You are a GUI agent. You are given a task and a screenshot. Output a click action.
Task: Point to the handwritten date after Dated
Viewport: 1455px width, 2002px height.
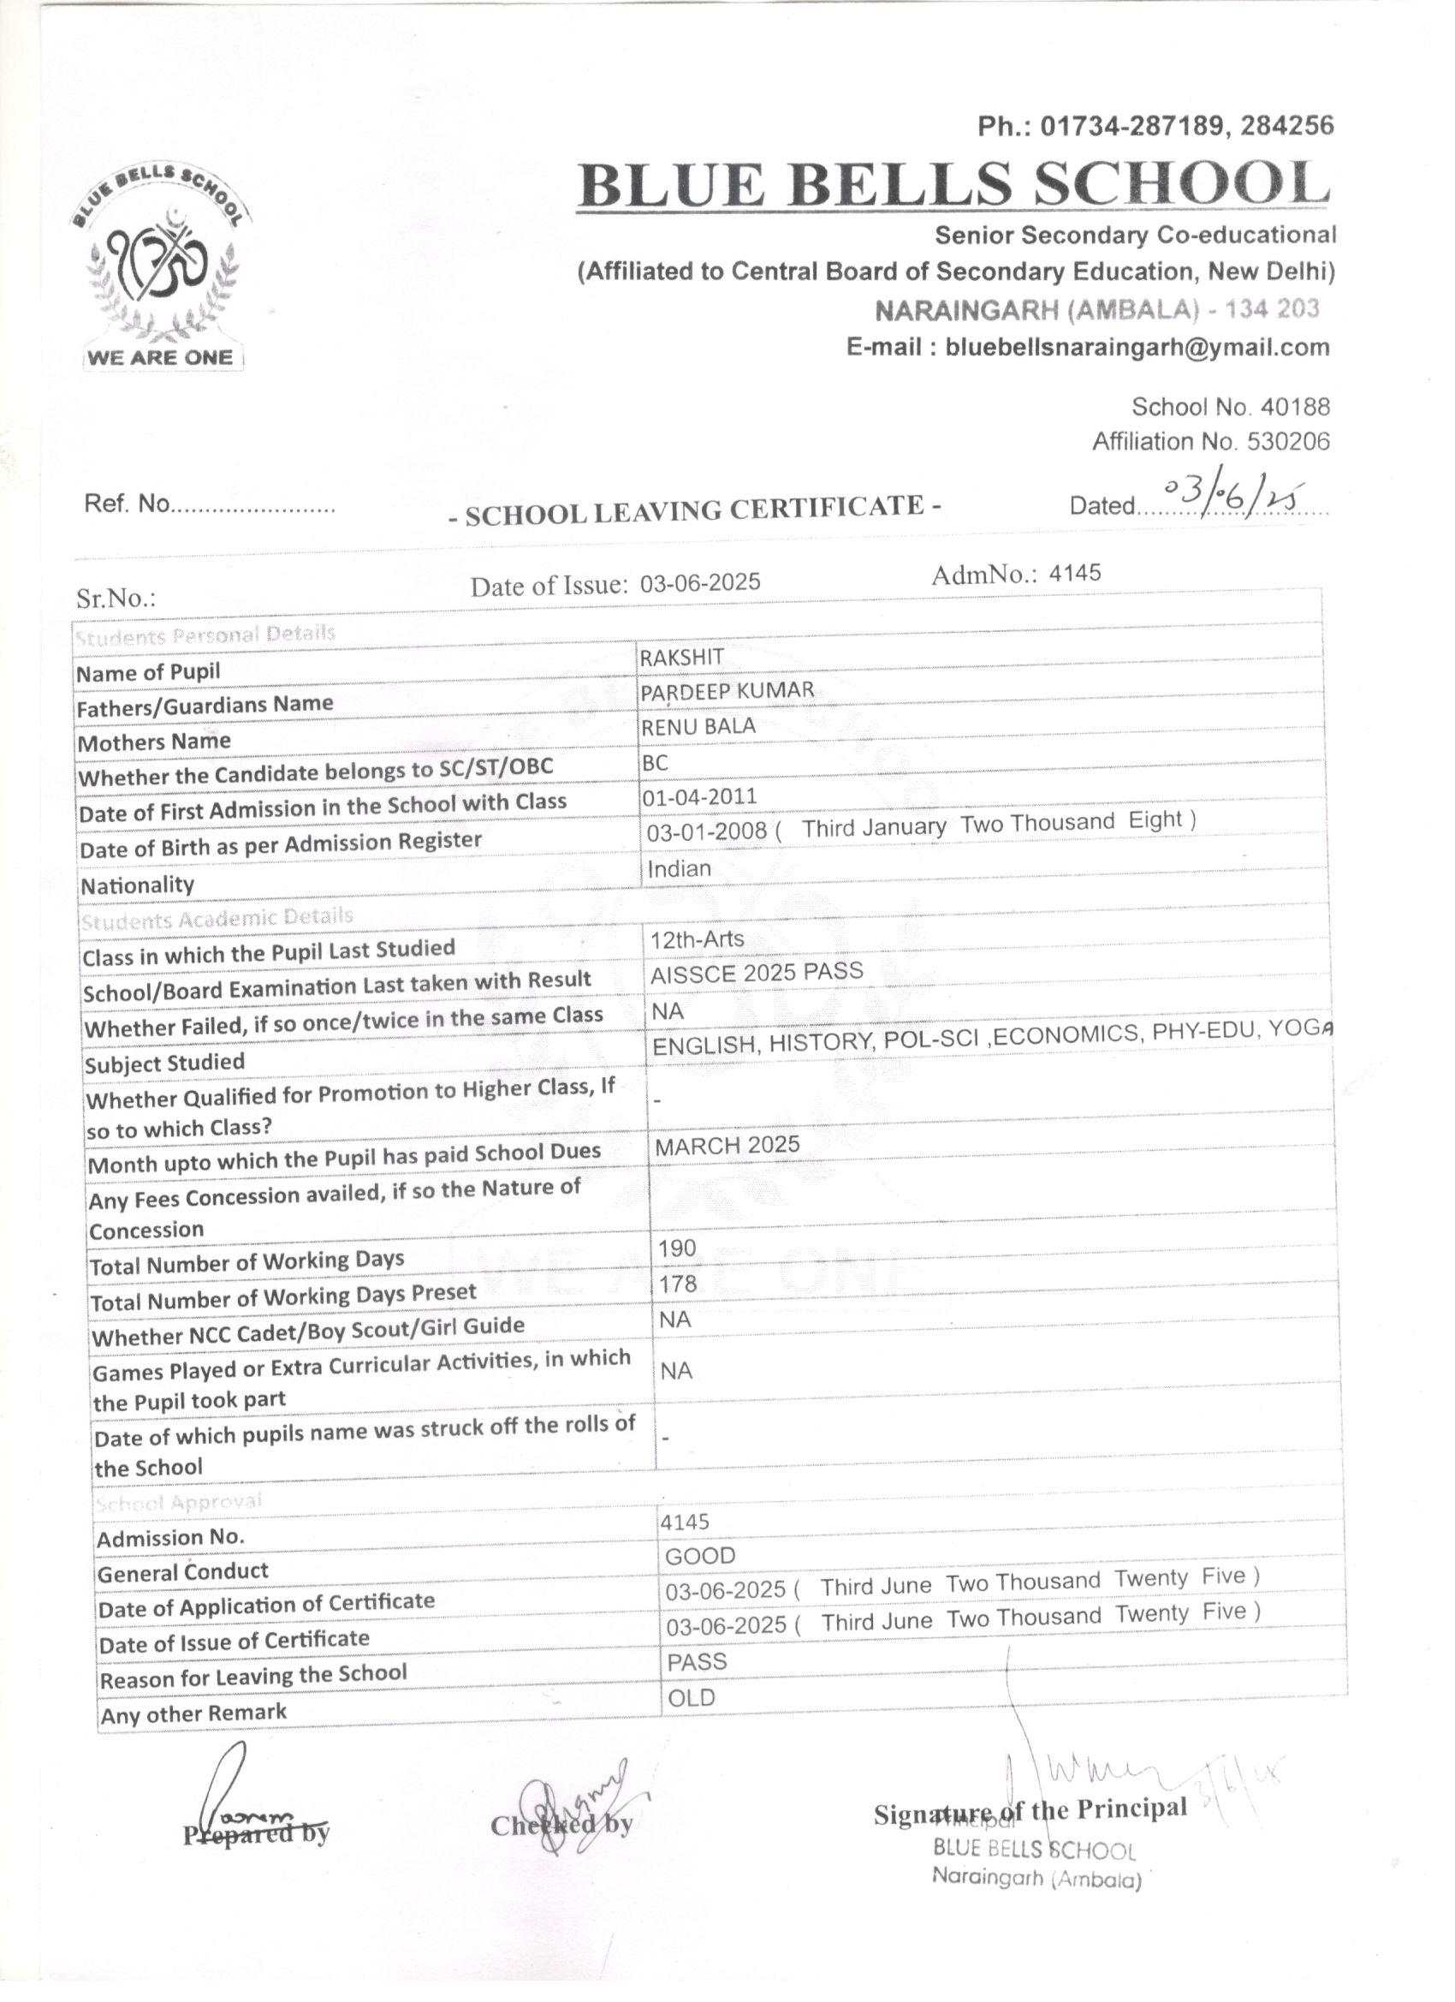(x=1234, y=498)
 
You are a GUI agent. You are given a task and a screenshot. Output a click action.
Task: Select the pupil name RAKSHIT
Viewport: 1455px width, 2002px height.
(x=681, y=658)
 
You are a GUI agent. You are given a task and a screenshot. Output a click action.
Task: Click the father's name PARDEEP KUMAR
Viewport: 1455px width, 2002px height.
(x=727, y=691)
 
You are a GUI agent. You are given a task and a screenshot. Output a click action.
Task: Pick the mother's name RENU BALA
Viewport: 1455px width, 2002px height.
(x=698, y=726)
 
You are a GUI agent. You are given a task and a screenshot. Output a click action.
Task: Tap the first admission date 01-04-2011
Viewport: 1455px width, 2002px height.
(x=698, y=796)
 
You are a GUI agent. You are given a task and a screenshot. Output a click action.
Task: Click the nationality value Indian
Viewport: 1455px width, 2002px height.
(x=679, y=868)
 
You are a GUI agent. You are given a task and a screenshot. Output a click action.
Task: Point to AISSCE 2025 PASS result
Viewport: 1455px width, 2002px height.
(x=757, y=973)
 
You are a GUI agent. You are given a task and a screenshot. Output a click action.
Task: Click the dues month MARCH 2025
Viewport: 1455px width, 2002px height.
(x=727, y=1145)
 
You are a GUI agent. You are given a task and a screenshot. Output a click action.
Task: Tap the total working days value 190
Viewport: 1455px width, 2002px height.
(x=677, y=1248)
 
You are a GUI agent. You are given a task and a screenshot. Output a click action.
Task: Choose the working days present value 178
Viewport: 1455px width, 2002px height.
(x=677, y=1284)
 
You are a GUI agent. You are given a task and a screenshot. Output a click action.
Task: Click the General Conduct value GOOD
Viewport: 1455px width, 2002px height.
(x=700, y=1556)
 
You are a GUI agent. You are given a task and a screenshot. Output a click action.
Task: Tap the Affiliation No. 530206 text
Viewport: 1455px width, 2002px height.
(x=1210, y=441)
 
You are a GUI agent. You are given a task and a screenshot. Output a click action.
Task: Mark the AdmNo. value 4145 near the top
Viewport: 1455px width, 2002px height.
(x=1075, y=573)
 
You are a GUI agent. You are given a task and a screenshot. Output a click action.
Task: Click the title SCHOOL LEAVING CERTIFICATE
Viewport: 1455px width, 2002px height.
(x=694, y=510)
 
